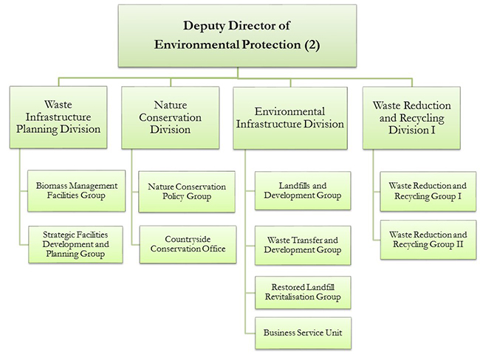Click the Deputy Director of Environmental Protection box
[239, 35]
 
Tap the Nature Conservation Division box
[171, 117]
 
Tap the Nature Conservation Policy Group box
[187, 191]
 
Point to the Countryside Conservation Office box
[187, 244]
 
